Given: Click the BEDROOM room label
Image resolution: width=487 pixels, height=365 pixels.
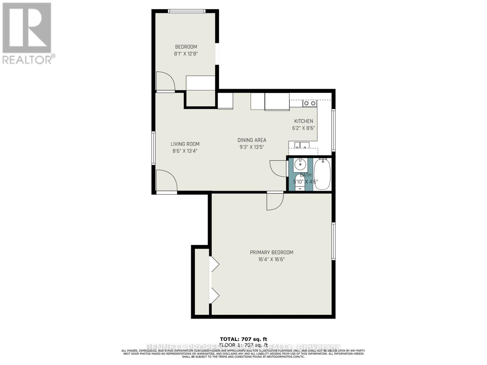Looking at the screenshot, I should tap(186, 47).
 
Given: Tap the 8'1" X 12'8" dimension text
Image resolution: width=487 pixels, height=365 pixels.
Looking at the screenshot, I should tap(186, 54).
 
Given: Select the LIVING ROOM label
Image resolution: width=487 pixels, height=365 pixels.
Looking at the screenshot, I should tap(185, 144).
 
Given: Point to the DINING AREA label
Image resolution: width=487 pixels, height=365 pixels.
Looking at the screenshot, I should tap(252, 140).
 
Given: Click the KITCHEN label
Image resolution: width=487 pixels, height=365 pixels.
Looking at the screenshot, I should tap(303, 121).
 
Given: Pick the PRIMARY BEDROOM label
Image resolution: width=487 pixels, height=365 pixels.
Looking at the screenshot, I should tap(272, 252).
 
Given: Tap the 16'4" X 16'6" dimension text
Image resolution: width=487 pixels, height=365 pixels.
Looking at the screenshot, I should tap(272, 259).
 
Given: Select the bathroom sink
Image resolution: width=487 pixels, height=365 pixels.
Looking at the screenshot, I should tap(300, 165).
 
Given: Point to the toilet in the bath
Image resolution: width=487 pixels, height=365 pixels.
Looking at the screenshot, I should tap(300, 182).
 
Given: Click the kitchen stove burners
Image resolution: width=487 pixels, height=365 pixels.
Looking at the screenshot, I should tap(310, 103).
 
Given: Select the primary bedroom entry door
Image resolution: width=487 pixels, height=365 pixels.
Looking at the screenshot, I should tap(275, 201).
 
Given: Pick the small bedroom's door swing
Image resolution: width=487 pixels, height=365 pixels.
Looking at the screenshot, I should tap(165, 81).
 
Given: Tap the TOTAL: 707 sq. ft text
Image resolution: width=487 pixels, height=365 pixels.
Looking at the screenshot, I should tap(243, 339).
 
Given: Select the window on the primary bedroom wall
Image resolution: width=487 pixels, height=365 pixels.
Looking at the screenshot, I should tap(334, 241).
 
